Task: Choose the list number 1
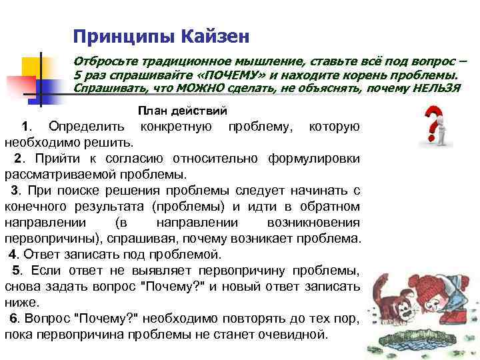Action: point(25,127)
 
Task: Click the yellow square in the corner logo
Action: point(32,67)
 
